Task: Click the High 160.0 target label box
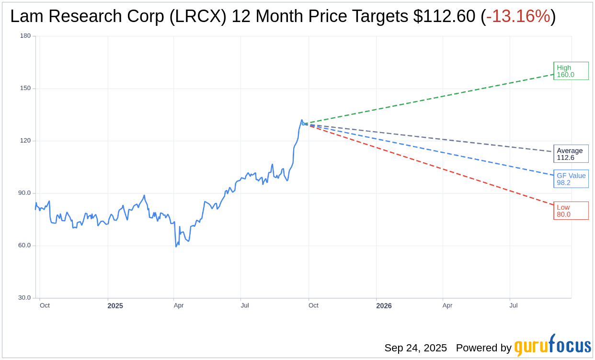click(571, 71)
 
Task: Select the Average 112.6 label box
click(571, 154)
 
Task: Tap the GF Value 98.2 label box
click(571, 179)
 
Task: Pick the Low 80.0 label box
click(571, 211)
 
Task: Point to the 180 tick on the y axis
click(25, 36)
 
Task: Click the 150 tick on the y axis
click(25, 88)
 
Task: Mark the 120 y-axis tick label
click(25, 141)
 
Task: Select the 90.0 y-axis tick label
click(24, 193)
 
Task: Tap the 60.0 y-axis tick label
click(24, 245)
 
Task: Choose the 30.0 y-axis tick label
click(24, 298)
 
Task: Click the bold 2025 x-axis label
click(115, 306)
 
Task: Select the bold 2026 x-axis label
click(384, 306)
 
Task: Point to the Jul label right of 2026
click(513, 305)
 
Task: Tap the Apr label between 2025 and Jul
click(178, 305)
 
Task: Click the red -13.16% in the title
click(518, 16)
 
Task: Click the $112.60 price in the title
click(445, 16)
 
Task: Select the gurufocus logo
click(552, 346)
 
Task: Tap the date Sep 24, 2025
click(415, 348)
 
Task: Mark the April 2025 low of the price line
click(176, 246)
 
